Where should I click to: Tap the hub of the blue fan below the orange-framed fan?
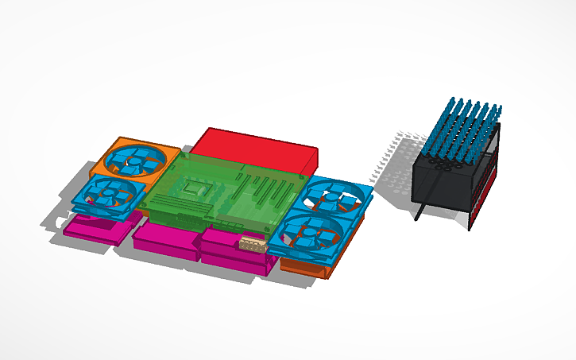tap(106, 192)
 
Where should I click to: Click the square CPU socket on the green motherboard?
tap(195, 189)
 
